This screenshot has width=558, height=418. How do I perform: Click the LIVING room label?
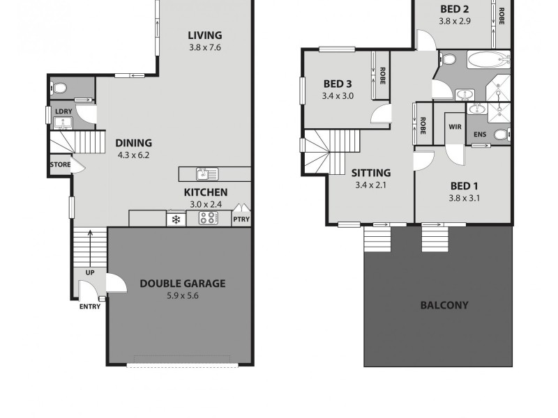204,36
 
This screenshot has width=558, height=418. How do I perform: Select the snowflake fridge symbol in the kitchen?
176,219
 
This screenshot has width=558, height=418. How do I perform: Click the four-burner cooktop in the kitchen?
209,218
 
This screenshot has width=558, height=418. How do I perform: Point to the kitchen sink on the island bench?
207,174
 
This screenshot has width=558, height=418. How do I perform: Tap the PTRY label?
241,219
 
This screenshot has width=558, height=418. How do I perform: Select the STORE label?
59,165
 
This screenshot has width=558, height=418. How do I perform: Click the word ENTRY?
89,307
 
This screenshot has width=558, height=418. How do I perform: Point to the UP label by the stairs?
89,272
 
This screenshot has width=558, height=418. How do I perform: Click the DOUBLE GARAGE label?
182,284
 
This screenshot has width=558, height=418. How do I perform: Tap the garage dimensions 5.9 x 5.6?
182,295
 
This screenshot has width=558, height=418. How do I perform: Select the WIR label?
455,127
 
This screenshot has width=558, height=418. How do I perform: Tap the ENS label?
479,134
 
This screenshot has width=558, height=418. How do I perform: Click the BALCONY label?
444,305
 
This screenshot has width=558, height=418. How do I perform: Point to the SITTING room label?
370,173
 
